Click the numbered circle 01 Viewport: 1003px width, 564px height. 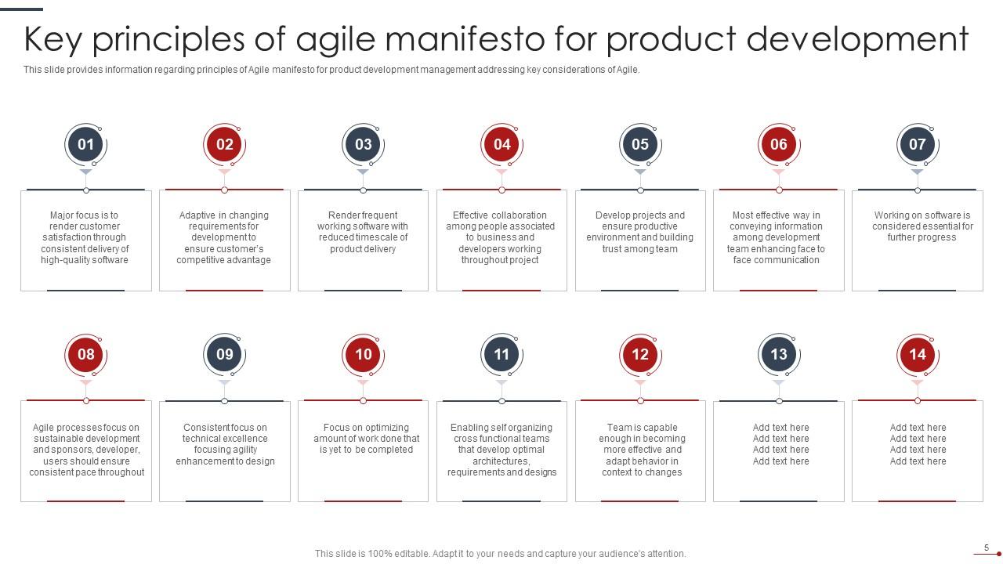85,144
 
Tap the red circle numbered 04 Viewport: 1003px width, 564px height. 501,144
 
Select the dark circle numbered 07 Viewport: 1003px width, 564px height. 917,144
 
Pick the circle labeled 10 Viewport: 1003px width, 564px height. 363,354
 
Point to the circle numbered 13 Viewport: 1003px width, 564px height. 779,354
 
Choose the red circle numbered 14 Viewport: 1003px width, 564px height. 917,354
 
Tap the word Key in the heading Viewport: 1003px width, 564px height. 53,40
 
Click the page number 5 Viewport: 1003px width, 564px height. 987,548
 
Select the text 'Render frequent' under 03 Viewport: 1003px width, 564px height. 363,215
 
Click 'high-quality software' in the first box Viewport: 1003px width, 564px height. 85,260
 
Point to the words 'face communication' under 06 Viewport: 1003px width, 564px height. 776,260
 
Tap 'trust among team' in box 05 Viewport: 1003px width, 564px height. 639,249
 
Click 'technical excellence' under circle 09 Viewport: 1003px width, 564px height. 225,439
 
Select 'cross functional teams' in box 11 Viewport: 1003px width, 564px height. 501,439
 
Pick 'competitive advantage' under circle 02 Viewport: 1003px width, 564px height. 223,260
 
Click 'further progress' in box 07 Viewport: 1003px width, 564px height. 922,237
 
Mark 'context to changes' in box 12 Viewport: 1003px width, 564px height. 642,472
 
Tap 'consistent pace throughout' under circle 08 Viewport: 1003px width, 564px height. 87,472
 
